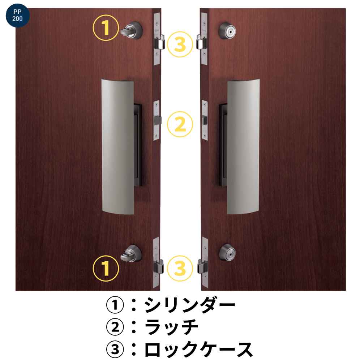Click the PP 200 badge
click(17, 16)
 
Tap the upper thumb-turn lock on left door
click(132, 30)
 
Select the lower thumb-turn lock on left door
click(131, 253)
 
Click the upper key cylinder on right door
click(227, 30)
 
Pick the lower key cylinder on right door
click(227, 253)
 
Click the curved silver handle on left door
click(118, 147)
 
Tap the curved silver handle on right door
click(243, 147)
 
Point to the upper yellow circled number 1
click(106, 28)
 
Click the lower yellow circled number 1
click(106, 269)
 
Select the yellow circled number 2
click(180, 124)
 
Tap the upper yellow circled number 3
click(180, 44)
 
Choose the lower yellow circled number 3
click(180, 269)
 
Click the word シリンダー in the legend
click(190, 305)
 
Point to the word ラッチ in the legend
click(171, 327)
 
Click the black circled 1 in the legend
click(115, 305)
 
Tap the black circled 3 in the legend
click(115, 350)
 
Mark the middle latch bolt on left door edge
click(158, 120)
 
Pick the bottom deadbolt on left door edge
click(158, 266)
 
